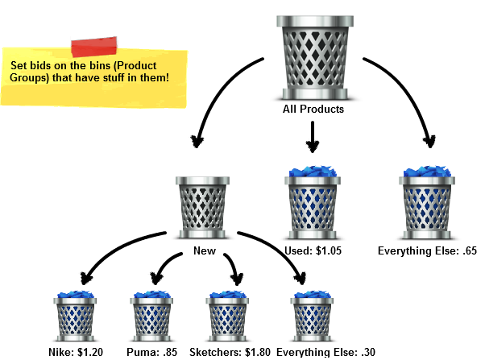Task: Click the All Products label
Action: (x=313, y=109)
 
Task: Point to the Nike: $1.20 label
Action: (x=77, y=352)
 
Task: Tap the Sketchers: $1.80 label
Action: (x=230, y=352)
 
